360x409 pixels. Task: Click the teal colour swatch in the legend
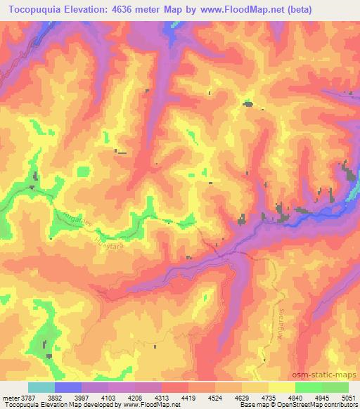(x=41, y=387)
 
